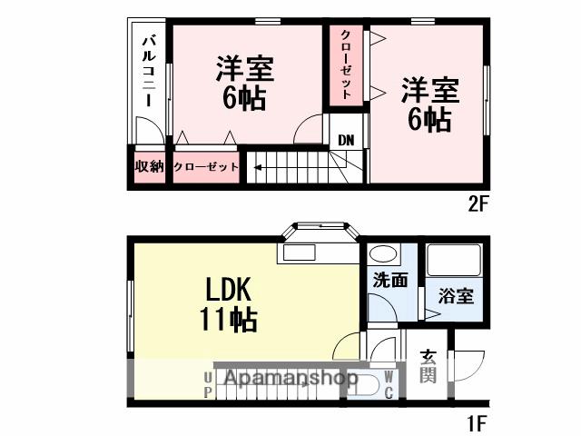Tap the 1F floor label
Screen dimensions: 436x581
point(478,422)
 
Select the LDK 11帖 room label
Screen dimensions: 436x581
point(228,304)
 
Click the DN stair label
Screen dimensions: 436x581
point(346,140)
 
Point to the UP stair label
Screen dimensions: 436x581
point(208,384)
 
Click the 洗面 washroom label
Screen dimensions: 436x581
point(390,281)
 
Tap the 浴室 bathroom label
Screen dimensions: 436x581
point(454,296)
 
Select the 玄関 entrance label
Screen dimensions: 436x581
point(428,367)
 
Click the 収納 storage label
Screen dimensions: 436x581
point(149,166)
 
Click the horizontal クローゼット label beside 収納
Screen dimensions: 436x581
point(206,167)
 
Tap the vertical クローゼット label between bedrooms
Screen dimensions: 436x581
point(347,64)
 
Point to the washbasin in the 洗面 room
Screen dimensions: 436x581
point(385,255)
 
